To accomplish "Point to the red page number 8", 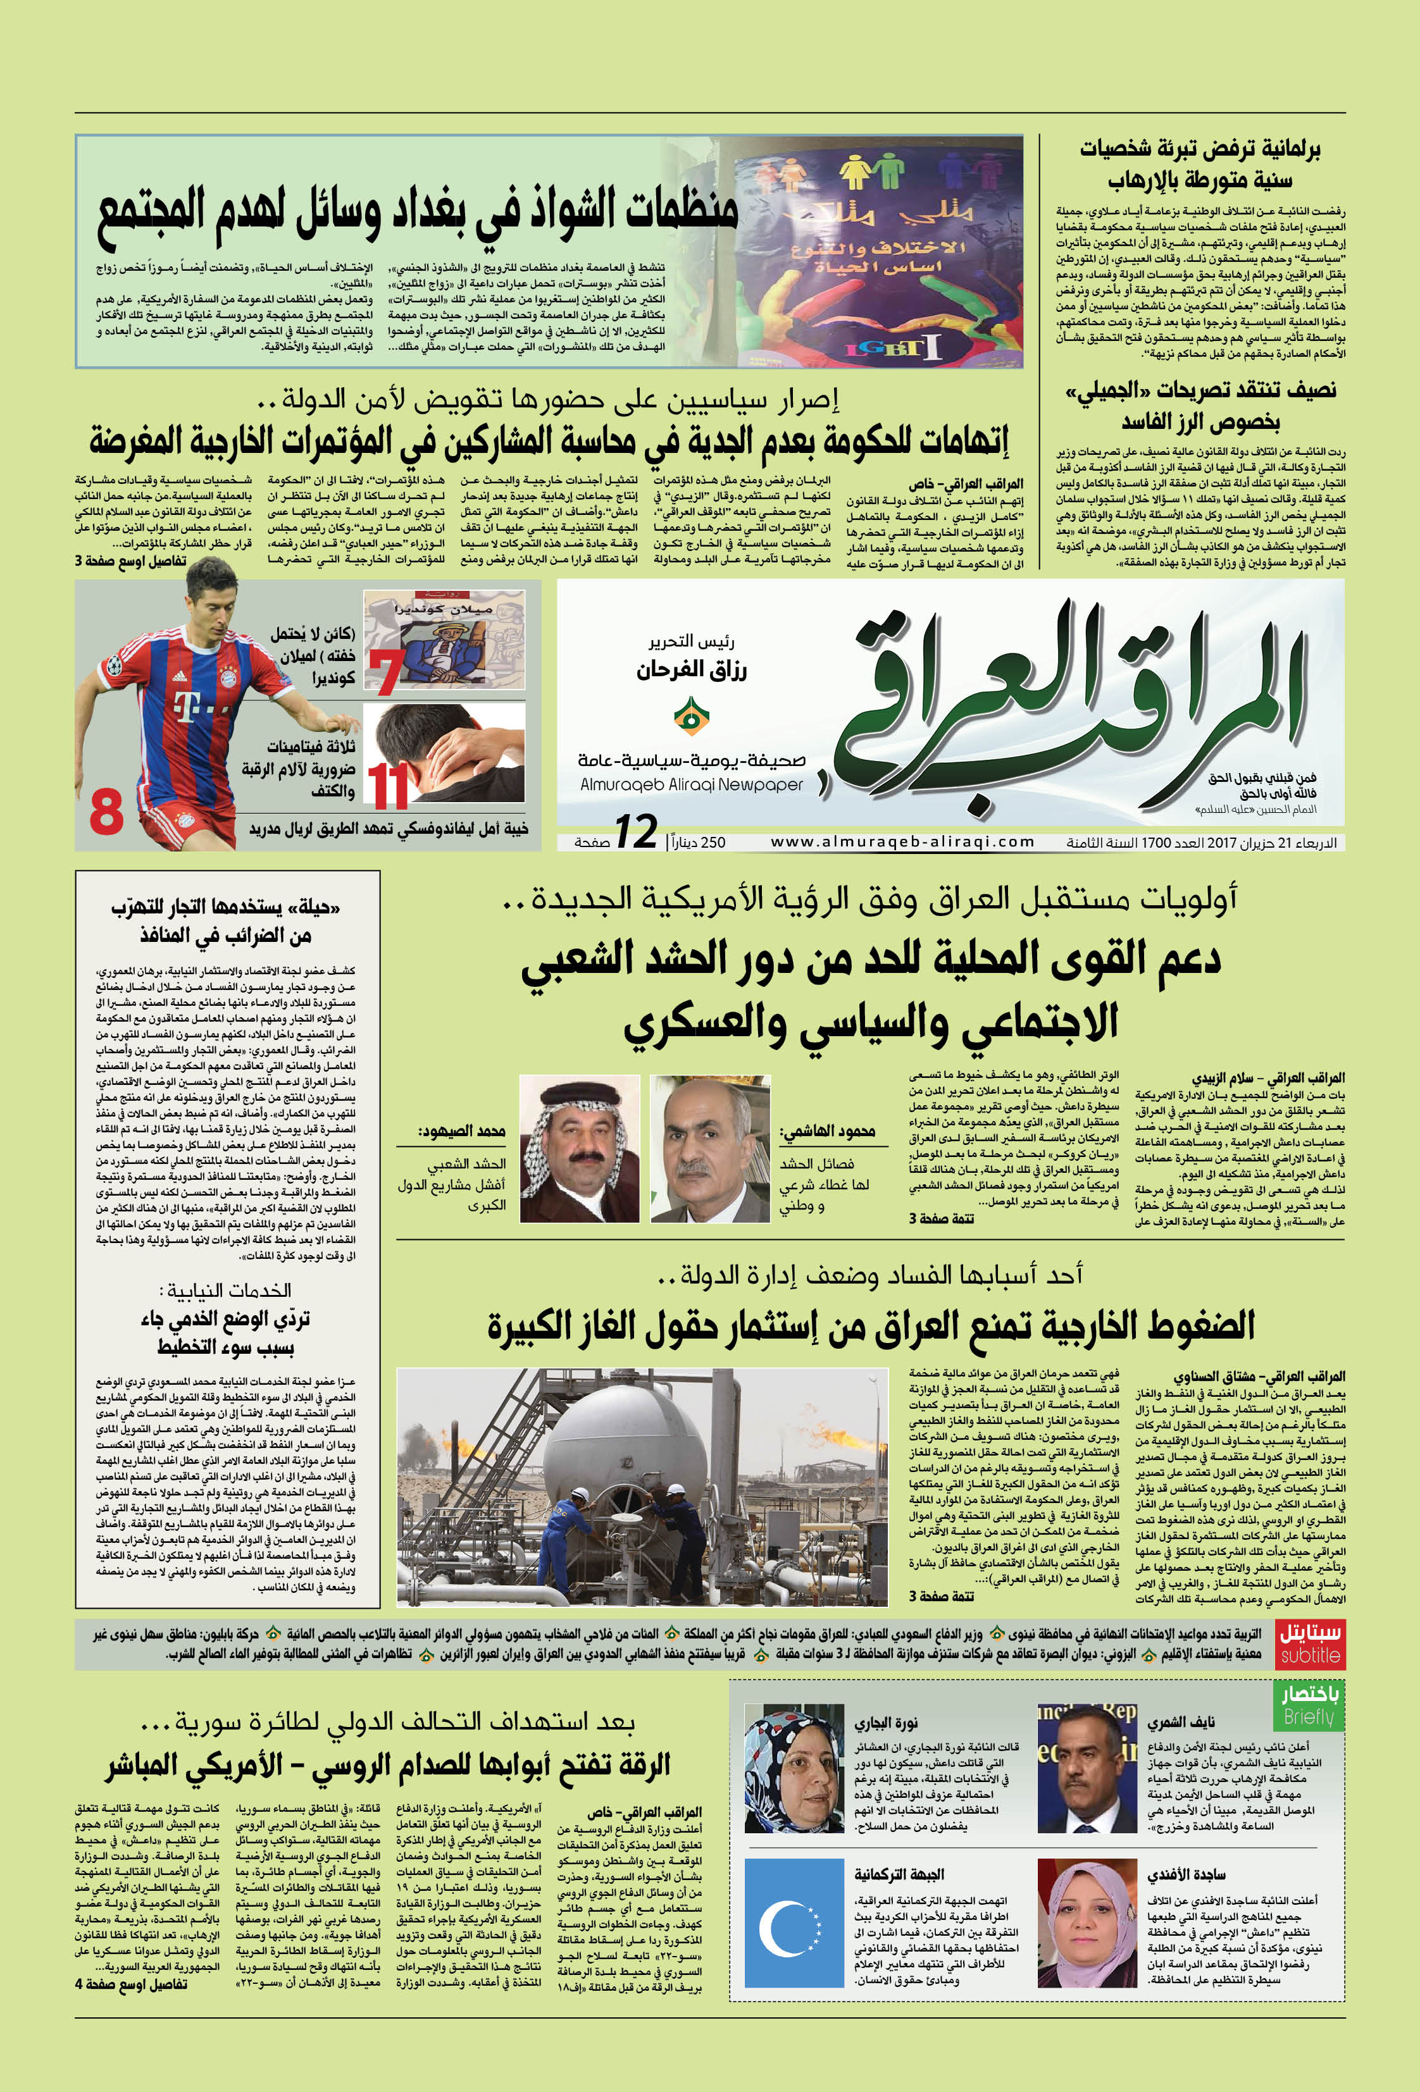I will pos(106,810).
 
